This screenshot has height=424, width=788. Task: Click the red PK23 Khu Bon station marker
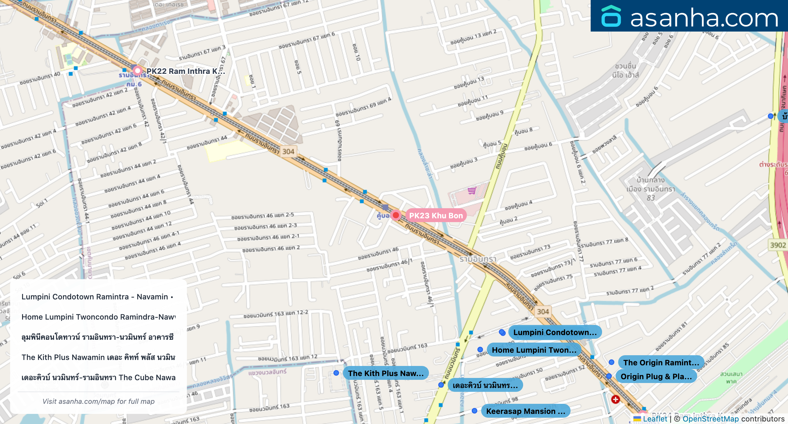click(396, 215)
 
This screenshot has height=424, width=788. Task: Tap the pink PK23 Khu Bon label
click(436, 215)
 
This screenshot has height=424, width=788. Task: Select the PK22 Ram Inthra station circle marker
click(137, 71)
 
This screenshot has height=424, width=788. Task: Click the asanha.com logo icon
click(611, 16)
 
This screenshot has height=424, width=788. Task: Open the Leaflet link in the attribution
click(655, 419)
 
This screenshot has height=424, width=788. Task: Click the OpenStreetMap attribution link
click(710, 419)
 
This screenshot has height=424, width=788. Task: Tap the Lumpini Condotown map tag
click(555, 332)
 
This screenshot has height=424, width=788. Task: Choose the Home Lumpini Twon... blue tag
click(534, 350)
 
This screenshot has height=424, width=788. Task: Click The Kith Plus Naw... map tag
click(385, 373)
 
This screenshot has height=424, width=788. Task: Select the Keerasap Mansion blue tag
click(525, 411)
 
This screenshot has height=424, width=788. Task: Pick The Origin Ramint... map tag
click(661, 362)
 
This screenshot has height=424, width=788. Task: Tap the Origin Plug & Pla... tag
click(656, 376)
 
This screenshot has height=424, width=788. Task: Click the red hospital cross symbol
click(615, 399)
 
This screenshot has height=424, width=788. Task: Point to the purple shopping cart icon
click(472, 191)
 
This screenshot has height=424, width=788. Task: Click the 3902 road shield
click(778, 245)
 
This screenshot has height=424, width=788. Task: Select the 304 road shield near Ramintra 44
click(288, 151)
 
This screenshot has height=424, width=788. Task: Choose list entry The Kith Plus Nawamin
click(98, 357)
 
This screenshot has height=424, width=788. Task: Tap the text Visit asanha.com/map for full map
click(98, 401)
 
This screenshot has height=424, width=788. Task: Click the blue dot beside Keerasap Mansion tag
click(474, 411)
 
